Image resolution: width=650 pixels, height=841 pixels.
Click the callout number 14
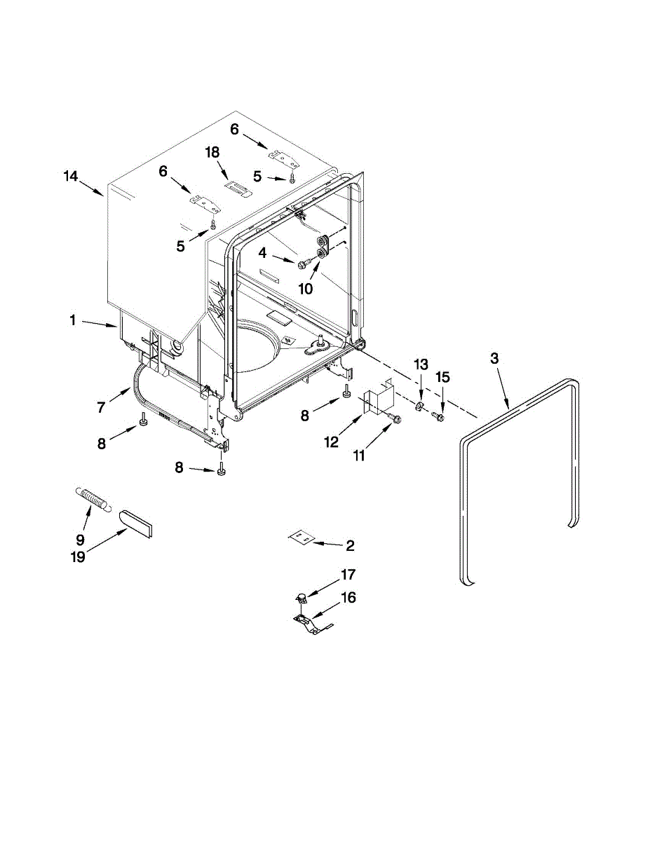70,177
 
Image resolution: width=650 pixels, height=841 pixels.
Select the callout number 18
212,153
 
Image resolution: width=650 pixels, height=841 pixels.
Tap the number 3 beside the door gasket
494,359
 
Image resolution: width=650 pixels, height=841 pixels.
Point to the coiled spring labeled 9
92,499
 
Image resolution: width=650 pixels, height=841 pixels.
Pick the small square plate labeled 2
300,537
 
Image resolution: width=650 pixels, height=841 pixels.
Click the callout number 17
348,575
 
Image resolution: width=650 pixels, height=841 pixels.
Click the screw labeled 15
441,417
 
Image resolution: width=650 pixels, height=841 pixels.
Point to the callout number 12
331,442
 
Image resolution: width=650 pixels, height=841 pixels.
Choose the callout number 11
358,456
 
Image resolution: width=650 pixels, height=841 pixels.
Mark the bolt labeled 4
304,264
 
